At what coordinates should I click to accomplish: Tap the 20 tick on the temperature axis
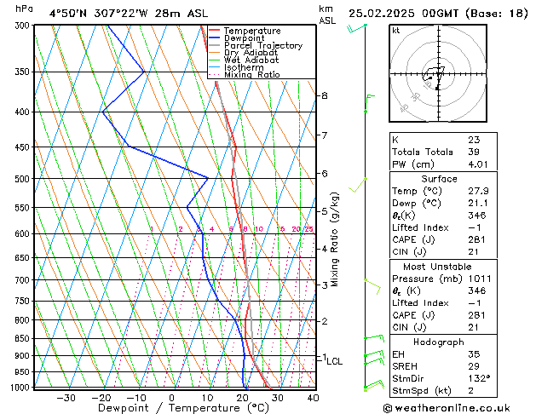pos(242,397)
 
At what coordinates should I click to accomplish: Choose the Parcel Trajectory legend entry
pos(262,46)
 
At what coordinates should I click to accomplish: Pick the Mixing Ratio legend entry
pos(251,75)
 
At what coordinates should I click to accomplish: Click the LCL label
pos(335,361)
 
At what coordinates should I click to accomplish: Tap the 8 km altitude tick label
pos(324,95)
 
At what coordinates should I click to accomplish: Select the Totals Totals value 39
pos(474,152)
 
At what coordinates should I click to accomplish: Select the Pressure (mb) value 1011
pos(479,279)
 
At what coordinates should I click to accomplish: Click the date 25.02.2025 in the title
pos(385,13)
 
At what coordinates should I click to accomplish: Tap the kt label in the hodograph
pos(395,31)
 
